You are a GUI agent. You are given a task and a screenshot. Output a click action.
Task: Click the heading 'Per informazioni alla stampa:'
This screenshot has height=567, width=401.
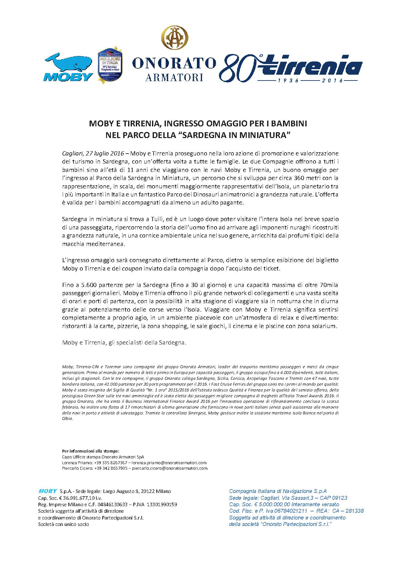(91, 451)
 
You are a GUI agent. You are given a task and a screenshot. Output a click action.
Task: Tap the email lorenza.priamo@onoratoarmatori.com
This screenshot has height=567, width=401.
(169, 463)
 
